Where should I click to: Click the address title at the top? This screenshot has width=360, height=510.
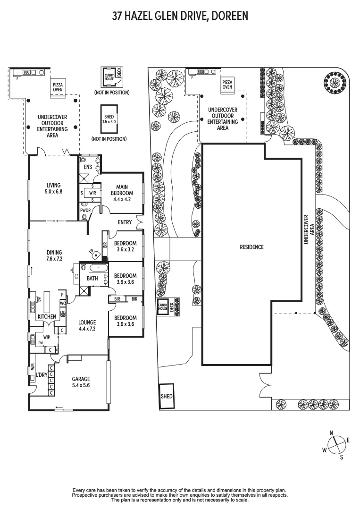[180, 17]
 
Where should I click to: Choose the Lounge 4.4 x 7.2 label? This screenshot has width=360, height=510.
[88, 326]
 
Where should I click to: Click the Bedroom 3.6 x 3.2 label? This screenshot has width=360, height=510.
[125, 247]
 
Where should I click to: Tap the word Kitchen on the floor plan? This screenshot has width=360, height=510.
[47, 316]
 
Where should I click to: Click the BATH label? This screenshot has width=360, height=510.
[92, 279]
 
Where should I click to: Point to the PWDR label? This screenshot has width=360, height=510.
[85, 211]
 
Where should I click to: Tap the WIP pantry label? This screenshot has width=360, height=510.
[47, 337]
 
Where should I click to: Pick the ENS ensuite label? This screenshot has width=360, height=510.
[88, 167]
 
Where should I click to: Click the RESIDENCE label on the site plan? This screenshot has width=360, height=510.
[251, 247]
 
